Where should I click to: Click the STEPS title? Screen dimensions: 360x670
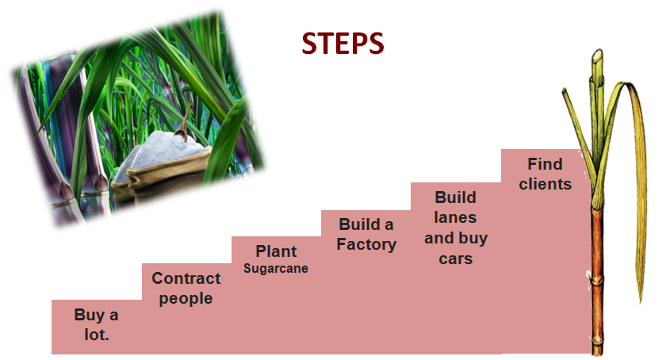coord(343,44)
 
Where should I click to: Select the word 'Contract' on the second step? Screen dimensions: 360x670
coord(186,278)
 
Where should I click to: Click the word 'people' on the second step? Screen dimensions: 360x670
coord(186,299)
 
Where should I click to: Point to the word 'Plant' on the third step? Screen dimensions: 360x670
coord(276,251)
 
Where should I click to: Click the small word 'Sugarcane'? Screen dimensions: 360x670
coord(276,269)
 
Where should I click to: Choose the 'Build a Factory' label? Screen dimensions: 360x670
coord(366,234)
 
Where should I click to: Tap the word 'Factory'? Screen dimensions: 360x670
coord(366,244)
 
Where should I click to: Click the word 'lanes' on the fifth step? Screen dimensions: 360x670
coord(456,216)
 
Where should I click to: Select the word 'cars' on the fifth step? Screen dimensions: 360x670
coord(456,259)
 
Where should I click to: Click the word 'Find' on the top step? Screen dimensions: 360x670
coord(546,164)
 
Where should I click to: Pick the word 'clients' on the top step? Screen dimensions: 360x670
coord(546,184)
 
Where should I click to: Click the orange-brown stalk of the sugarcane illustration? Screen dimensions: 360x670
coord(597,262)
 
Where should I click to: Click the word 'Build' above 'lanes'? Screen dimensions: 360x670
coord(456,196)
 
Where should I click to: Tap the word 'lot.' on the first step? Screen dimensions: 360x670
coord(96,335)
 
